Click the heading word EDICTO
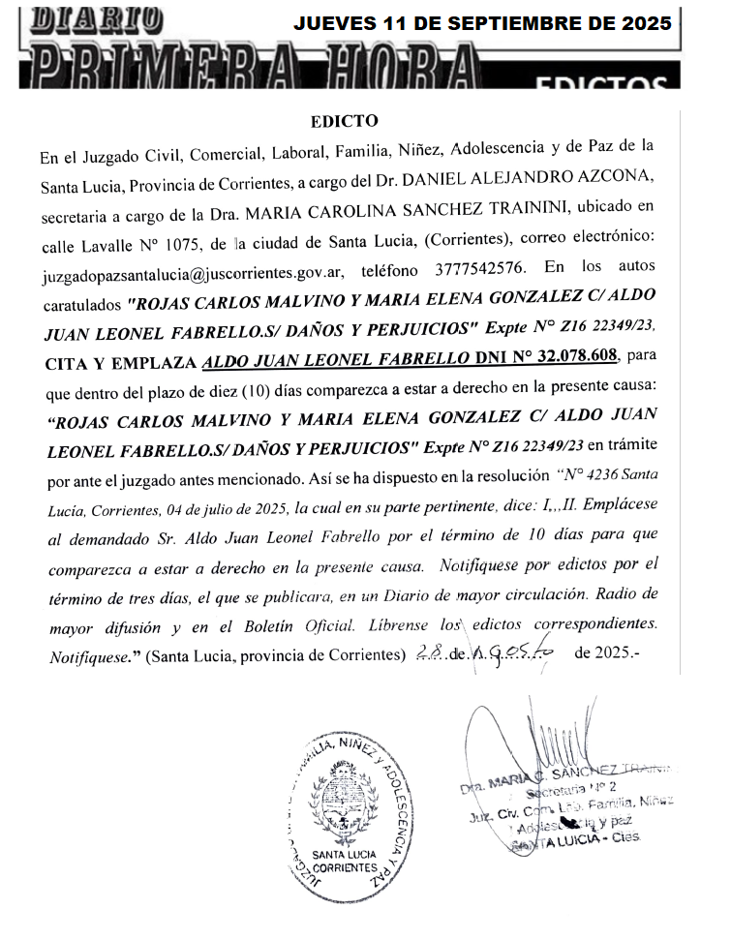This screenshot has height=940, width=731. tap(338, 122)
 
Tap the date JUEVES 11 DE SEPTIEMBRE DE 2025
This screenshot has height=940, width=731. tap(482, 24)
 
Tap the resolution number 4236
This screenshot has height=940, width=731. tap(594, 474)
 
